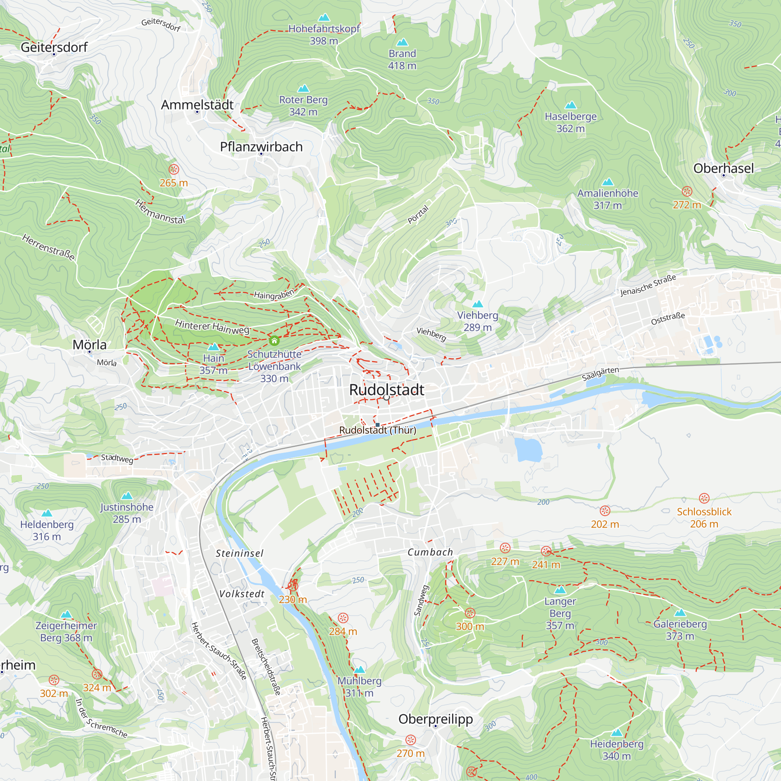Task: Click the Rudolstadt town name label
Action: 387,390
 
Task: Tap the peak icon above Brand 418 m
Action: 402,43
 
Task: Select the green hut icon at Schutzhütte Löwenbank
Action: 274,341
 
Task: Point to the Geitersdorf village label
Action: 54,47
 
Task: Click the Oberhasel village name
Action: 723,168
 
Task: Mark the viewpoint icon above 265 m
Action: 174,169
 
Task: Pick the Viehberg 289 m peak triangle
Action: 478,304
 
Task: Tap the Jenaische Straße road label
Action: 648,285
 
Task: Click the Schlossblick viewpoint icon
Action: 704,498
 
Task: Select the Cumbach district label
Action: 430,552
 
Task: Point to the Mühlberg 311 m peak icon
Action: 359,670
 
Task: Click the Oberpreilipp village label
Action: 435,719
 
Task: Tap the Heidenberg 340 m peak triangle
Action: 617,733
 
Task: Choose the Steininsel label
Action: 239,553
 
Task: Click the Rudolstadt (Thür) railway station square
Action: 378,425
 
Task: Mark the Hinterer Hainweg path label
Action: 212,326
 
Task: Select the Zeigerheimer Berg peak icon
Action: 66,614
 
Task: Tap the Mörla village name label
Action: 89,345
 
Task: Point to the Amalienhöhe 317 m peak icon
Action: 607,182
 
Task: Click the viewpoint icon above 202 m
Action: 605,510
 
